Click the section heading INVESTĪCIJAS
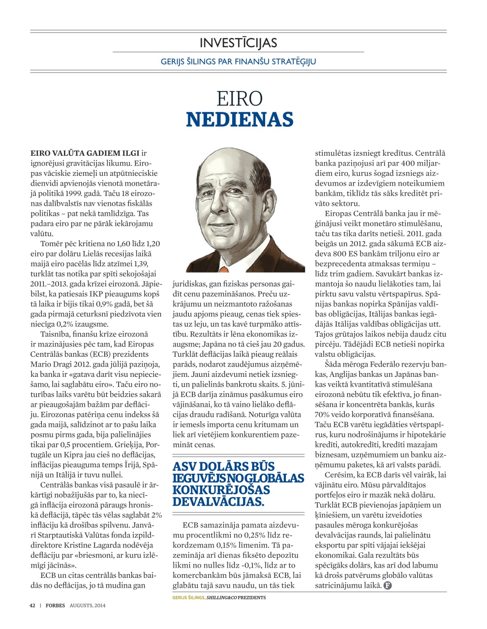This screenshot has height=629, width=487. [x=238, y=43]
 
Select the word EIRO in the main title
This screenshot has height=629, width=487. [x=239, y=98]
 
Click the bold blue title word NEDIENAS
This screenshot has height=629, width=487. [x=239, y=119]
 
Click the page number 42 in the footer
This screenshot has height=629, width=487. [x=32, y=605]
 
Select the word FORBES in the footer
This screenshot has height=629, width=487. [x=56, y=605]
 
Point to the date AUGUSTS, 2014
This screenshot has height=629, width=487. [x=87, y=605]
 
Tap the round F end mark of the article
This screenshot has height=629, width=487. [x=388, y=585]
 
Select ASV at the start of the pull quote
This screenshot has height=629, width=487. [x=183, y=466]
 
